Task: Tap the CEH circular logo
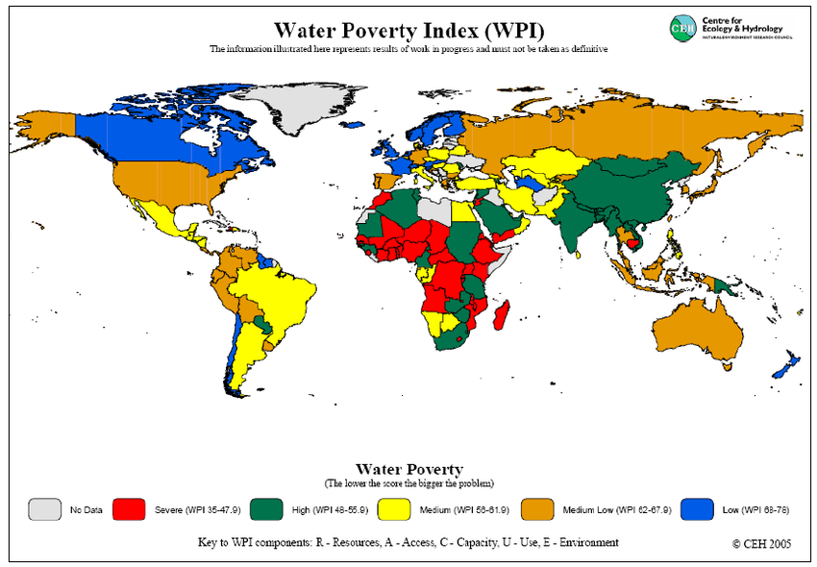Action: point(683,29)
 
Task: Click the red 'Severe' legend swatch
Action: point(130,509)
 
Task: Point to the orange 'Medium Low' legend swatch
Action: point(538,509)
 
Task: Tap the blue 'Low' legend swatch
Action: point(697,509)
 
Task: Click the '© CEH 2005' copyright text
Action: point(761,543)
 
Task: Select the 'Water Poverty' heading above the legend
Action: point(409,470)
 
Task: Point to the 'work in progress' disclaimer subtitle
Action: point(408,49)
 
